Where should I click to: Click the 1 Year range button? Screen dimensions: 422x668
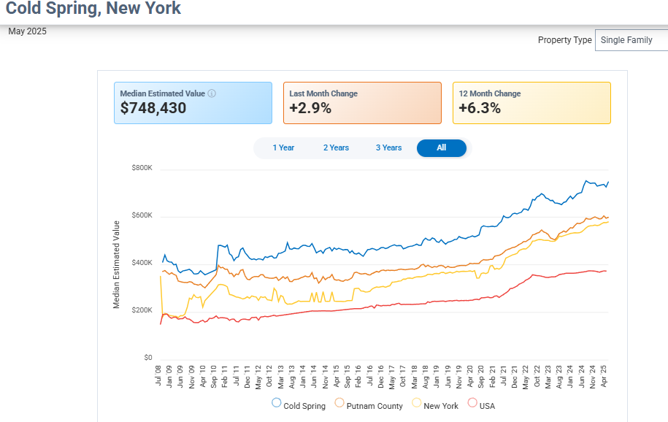(x=283, y=147)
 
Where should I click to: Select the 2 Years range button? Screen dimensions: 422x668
(x=336, y=147)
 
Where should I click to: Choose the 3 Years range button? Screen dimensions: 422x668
(x=388, y=147)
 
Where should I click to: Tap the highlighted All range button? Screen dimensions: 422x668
(x=441, y=147)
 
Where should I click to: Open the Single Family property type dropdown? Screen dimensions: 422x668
(x=631, y=40)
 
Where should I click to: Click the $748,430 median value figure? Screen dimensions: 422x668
(x=153, y=109)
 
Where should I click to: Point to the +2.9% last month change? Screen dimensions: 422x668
(x=310, y=109)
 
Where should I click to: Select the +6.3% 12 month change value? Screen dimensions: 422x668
(x=480, y=109)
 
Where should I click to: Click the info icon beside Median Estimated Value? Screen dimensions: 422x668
(x=212, y=93)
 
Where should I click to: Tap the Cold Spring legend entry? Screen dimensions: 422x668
(x=299, y=405)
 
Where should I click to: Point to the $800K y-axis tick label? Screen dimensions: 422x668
(x=142, y=168)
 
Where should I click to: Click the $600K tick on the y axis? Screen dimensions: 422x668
(x=142, y=215)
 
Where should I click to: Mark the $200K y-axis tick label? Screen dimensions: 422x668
(x=142, y=310)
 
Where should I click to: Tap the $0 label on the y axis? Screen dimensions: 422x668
(x=147, y=358)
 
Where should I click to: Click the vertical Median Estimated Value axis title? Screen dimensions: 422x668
(x=117, y=264)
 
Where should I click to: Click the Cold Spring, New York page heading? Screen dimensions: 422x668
(x=93, y=9)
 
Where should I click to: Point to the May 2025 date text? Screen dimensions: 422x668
(x=27, y=31)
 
